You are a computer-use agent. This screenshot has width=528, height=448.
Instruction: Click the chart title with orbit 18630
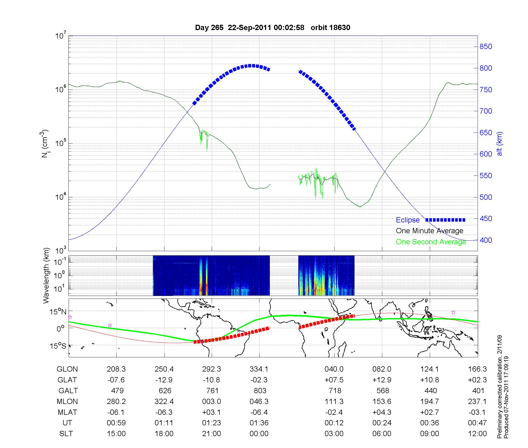point(272,28)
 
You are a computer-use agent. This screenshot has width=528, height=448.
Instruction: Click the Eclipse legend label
point(408,220)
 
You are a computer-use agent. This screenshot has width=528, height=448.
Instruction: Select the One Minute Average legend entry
point(430,231)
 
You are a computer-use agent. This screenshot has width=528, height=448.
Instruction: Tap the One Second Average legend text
point(431,242)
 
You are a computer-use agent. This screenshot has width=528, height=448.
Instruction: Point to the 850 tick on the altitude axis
point(486,47)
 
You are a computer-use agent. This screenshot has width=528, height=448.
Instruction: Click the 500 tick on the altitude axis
point(486,197)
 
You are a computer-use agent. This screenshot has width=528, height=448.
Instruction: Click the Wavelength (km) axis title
point(46,275)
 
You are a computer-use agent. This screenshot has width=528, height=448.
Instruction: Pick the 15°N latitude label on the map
point(58,312)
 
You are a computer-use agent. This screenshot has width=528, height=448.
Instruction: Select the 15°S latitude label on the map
point(58,346)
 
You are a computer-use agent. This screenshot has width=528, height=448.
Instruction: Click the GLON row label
point(67,369)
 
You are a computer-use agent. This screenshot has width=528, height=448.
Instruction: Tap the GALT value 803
point(259,391)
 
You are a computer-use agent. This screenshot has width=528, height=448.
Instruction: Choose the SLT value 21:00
point(211,434)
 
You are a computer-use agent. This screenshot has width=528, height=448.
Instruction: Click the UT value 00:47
point(477,423)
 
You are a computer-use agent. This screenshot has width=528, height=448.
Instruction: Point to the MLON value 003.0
point(211,402)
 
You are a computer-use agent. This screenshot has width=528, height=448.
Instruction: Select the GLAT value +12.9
point(382,380)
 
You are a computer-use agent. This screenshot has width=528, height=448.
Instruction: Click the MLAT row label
point(67,412)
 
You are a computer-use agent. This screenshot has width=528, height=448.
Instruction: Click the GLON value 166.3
point(477,369)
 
